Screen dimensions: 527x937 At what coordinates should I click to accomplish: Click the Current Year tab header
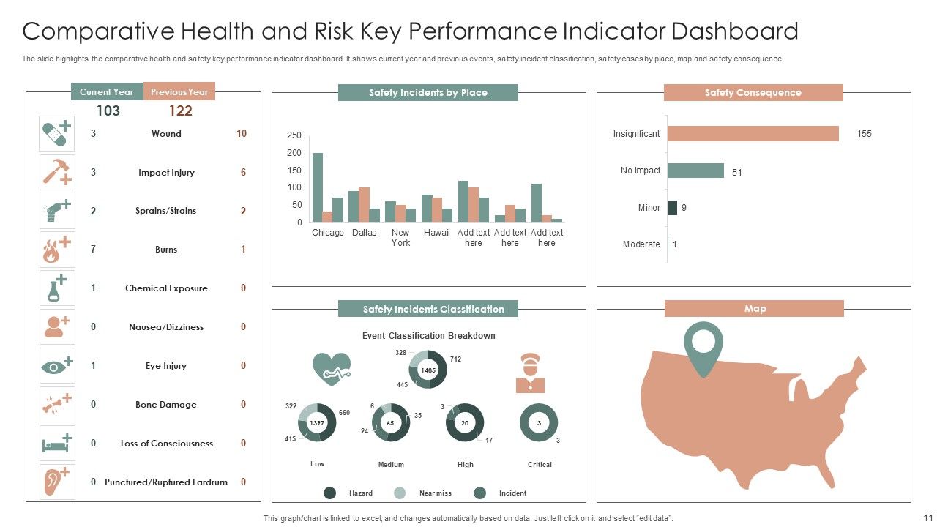pyautogui.click(x=106, y=92)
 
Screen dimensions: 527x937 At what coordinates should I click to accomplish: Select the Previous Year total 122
pyautogui.click(x=180, y=111)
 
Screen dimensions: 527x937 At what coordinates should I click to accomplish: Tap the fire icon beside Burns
pyautogui.click(x=56, y=250)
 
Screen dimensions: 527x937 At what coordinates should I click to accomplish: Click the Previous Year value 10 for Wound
pyautogui.click(x=242, y=134)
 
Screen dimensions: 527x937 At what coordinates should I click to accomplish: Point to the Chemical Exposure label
pyautogui.click(x=166, y=288)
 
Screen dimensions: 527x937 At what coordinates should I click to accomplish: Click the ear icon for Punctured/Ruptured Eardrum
pyautogui.click(x=56, y=482)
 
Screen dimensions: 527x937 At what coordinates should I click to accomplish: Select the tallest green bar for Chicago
pyautogui.click(x=317, y=187)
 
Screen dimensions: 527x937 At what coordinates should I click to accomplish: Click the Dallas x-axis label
pyautogui.click(x=364, y=233)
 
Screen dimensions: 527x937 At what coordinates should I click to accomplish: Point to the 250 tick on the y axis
pyautogui.click(x=294, y=135)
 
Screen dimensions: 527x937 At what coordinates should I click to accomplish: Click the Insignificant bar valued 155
pyautogui.click(x=753, y=134)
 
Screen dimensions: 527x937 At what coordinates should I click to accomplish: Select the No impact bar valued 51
pyautogui.click(x=695, y=171)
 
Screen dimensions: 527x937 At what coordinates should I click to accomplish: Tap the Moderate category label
pyautogui.click(x=641, y=244)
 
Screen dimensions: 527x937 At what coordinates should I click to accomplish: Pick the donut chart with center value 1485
pyautogui.click(x=428, y=370)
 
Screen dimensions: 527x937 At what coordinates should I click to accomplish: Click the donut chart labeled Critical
pyautogui.click(x=539, y=422)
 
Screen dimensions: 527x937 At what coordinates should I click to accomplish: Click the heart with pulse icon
pyautogui.click(x=331, y=369)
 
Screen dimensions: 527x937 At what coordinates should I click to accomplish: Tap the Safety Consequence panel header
pyautogui.click(x=753, y=93)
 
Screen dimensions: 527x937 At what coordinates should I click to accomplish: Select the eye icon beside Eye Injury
pyautogui.click(x=56, y=366)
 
